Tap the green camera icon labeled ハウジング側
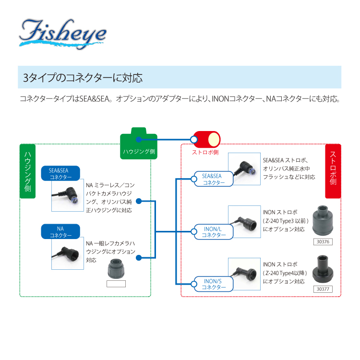point(139,143)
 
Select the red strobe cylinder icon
point(207,139)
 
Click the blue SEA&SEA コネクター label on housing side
point(61,173)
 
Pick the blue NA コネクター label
point(61,232)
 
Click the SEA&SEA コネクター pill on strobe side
point(214,179)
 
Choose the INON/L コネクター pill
point(214,231)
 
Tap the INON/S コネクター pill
point(214,284)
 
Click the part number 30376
point(322,241)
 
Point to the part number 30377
point(322,289)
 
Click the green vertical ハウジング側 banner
point(27,171)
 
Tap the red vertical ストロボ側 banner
point(333,171)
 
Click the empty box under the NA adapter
point(116,284)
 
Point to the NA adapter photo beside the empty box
point(116,268)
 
